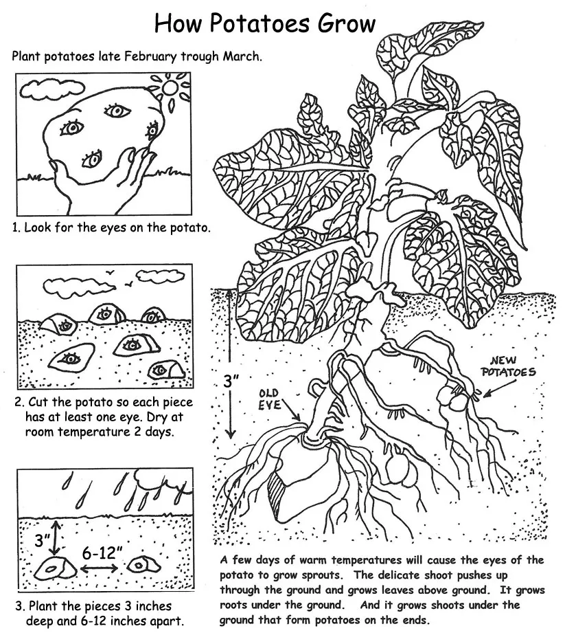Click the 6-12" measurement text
click(102, 551)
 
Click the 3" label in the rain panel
click(43, 540)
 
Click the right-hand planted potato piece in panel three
click(145, 564)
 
